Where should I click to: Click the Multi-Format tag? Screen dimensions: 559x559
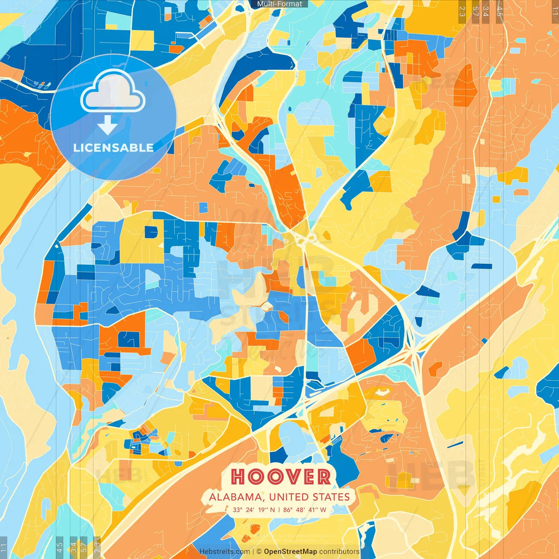tap(279, 4)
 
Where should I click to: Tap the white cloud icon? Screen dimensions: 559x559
tap(113, 92)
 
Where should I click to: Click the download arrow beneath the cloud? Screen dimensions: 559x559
tap(107, 125)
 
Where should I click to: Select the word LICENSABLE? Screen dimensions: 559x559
tap(114, 148)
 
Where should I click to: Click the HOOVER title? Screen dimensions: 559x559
tap(280, 477)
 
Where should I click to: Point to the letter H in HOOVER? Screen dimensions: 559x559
tap(238, 477)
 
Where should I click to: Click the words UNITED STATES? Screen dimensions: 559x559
tap(309, 497)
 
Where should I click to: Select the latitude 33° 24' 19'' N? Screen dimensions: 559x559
tap(254, 510)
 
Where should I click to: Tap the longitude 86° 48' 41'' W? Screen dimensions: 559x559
tap(304, 510)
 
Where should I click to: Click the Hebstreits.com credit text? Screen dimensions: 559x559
tap(224, 552)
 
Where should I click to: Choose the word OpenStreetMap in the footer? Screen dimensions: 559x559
tap(290, 552)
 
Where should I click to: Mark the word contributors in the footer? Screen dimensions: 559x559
tap(339, 552)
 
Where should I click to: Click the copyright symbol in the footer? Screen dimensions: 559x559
tap(259, 552)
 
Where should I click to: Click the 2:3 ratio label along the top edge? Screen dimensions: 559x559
tap(462, 11)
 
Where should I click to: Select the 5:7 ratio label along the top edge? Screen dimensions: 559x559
tap(475, 11)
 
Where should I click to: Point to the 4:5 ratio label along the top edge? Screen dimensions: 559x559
tap(500, 11)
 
